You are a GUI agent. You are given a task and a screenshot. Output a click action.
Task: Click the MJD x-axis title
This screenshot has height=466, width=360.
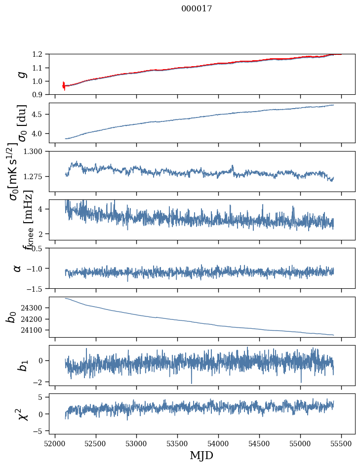tap(201, 455)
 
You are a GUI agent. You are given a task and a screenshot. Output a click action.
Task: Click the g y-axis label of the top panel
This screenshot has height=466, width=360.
tap(20, 74)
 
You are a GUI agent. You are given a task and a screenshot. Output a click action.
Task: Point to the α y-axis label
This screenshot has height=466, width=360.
tap(18, 268)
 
